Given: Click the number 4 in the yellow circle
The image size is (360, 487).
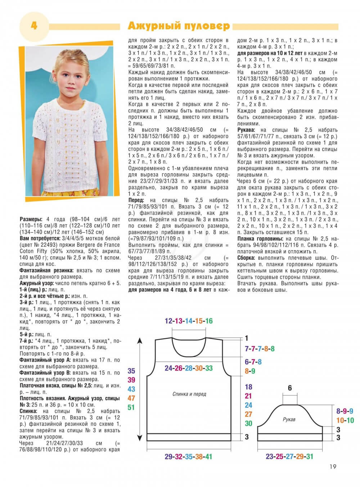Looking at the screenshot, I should pos(34,26).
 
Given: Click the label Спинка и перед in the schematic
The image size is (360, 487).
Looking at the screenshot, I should pos(189,394).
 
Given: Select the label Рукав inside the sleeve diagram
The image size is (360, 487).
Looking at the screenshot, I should pos(289,419).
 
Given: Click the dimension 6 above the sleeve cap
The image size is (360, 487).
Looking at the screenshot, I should pos(290,388).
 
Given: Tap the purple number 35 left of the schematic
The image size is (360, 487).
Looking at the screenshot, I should pos(131,371).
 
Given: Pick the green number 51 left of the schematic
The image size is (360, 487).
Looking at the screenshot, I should pos(131,407).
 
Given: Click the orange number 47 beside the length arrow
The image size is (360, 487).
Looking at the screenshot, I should pos(131,398).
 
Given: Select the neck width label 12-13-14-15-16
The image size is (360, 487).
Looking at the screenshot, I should pos(189,321).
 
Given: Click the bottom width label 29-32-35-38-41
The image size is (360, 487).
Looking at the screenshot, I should pos(188,457).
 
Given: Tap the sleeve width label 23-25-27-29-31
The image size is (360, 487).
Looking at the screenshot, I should pos(289,457).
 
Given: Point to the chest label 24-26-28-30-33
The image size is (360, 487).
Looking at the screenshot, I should pos(189,368).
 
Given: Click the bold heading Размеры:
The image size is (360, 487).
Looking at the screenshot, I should pos(31,219).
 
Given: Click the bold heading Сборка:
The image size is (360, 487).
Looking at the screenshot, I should pos(247,258).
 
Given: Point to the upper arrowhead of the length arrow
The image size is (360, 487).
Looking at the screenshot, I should pos(140,340).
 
